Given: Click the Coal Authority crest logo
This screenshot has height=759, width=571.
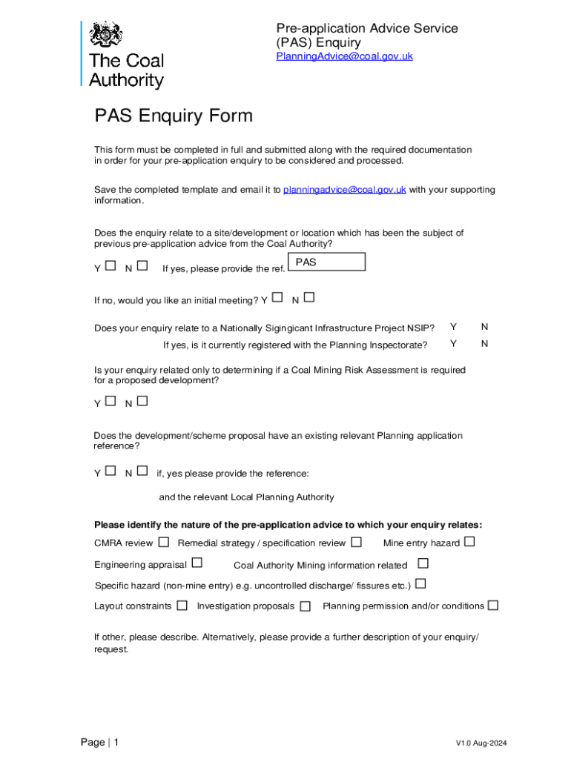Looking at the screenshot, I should pos(105,35).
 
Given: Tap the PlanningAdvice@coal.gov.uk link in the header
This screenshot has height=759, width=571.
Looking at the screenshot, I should pos(344,56).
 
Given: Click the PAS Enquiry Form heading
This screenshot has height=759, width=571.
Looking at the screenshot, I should pos(174,116).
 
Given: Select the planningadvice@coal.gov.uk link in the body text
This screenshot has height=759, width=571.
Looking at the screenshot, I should pos(344,190).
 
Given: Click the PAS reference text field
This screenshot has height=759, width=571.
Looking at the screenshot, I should pos(326,262).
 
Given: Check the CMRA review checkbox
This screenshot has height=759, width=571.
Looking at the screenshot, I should pos(163,543).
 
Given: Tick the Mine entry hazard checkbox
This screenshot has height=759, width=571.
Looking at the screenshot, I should pos(469,543).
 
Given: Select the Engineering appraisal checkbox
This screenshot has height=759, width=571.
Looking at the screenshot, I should pos(197,563).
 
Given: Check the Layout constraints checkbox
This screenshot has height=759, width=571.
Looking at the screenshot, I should pos(182,606).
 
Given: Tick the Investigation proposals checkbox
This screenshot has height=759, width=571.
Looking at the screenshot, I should pos(305,606).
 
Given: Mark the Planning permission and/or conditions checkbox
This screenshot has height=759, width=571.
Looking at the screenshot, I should pos(492,606).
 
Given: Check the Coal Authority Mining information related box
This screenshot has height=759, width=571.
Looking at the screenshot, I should pos(423,564).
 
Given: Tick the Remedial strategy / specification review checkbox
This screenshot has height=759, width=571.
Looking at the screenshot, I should pos(357,543).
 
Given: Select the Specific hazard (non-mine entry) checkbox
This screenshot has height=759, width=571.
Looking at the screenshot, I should pos(420,584).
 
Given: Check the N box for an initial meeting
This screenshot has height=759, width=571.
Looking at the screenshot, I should pos(309,298).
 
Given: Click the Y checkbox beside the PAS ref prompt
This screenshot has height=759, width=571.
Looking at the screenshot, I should pos(110,265).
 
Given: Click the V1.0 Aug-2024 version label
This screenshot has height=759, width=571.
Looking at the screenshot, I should pos(481,743).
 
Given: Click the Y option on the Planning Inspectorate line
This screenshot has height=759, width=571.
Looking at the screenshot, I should pos(453,344).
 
